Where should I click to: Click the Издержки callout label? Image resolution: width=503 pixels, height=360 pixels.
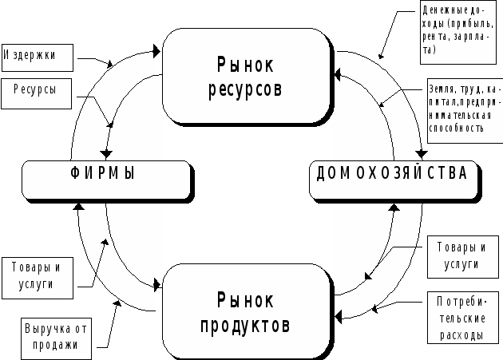(38, 57)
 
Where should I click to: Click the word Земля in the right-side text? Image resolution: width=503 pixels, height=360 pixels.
(442, 89)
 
